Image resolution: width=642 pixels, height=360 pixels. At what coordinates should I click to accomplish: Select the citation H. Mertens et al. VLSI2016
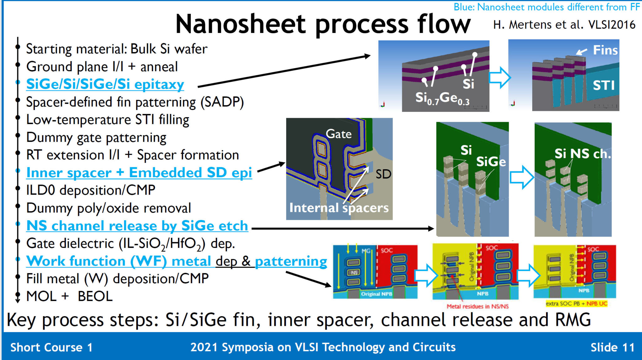[564, 25]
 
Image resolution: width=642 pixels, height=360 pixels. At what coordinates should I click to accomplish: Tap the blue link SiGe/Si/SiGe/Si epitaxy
[105, 84]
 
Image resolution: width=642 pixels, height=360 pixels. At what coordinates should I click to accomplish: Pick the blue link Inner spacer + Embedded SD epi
[139, 173]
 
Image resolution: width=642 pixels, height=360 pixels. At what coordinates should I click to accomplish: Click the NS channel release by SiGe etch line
[137, 226]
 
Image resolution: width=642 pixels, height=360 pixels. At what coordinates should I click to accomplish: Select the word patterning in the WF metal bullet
[291, 261]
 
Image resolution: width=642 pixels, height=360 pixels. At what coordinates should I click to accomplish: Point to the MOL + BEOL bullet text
[69, 296]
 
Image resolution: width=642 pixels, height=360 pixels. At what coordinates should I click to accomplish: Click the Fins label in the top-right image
[605, 50]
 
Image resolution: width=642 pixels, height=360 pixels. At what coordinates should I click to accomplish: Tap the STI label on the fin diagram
[603, 85]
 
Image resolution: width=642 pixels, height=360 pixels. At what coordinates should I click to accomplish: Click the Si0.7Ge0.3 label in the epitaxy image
[442, 98]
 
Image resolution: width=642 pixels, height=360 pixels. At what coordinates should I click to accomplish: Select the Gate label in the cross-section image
[339, 134]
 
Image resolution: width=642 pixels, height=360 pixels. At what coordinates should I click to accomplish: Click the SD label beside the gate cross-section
[383, 174]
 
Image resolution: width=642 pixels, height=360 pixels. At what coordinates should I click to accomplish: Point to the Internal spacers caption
[339, 208]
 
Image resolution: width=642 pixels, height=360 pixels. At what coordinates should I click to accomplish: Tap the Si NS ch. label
[582, 154]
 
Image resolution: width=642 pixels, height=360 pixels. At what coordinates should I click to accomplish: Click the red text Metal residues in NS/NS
[477, 306]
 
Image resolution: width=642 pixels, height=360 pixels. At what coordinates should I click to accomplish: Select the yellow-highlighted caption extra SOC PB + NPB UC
[576, 304]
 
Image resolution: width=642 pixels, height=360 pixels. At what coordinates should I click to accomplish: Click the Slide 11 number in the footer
[612, 347]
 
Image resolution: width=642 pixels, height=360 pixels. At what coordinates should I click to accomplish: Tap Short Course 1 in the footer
[51, 347]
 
